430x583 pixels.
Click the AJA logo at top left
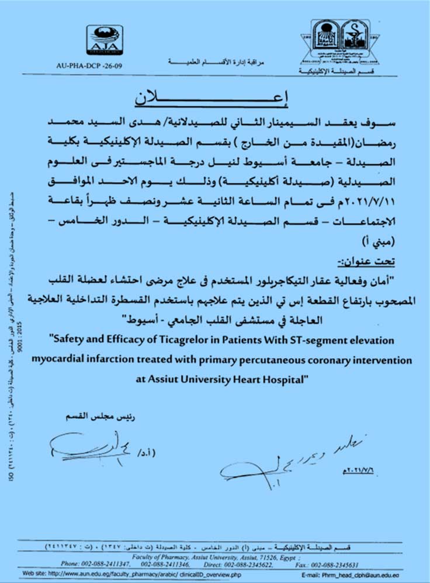[x=105, y=40]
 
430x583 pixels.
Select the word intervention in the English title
[x=383, y=360]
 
